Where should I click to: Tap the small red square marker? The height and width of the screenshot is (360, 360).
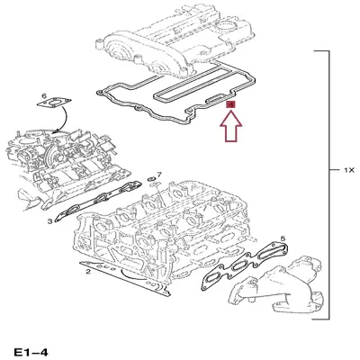pos(230,105)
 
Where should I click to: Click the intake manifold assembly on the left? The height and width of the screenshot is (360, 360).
pos(54,162)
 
